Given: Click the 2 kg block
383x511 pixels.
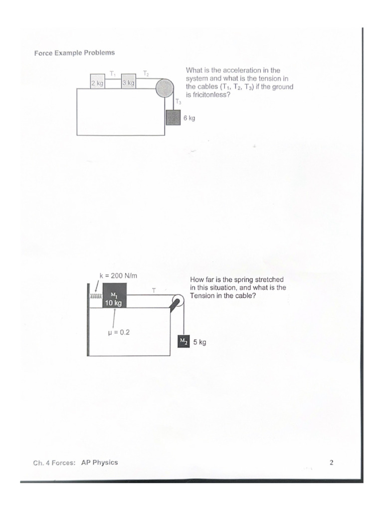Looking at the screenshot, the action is (x=97, y=83).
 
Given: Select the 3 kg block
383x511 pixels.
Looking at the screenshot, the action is (x=128, y=83).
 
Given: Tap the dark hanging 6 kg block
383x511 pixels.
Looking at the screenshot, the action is (x=173, y=118).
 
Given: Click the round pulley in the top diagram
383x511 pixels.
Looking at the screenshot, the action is (x=164, y=89).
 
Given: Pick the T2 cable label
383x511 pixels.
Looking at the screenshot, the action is (x=146, y=73).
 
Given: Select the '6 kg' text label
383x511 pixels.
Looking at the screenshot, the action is (x=189, y=118).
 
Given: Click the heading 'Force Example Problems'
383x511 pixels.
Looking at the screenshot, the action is (x=74, y=52).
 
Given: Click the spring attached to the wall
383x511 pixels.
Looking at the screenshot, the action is (x=96, y=296).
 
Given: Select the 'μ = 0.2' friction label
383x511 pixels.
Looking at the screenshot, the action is (x=119, y=331).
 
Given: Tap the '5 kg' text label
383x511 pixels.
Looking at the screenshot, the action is (x=199, y=342).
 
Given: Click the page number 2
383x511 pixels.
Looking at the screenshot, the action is (x=331, y=462).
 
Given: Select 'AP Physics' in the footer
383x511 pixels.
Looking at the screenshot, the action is (x=99, y=462).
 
